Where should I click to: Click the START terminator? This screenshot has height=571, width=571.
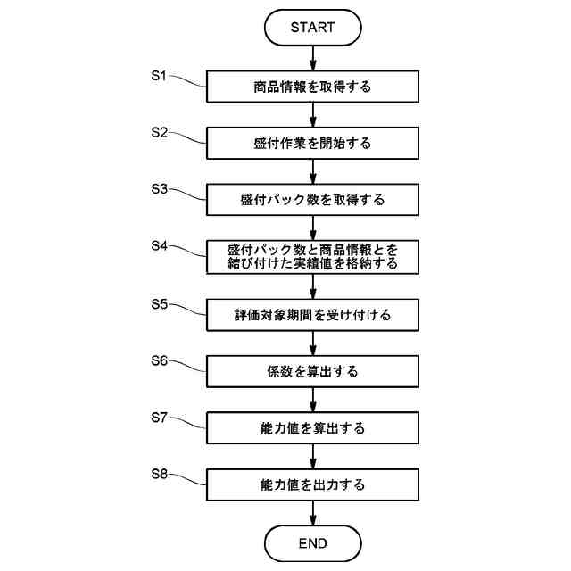coord(312,28)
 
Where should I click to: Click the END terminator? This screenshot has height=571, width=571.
coord(312,542)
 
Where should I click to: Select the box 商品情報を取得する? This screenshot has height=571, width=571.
coord(312,87)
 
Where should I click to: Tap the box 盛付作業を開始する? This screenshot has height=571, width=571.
coord(312,143)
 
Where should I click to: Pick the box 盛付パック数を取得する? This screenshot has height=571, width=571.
coord(312,200)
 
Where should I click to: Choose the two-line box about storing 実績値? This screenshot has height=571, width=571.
coord(312,257)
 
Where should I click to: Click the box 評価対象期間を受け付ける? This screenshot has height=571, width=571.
coord(312,315)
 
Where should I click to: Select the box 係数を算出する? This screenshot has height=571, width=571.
coord(312,372)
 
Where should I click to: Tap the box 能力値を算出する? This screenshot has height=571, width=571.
coord(312,428)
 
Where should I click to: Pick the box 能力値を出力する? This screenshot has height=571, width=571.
coord(312,485)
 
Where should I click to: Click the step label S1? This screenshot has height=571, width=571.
coord(159,76)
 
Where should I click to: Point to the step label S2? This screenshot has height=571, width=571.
coord(159,132)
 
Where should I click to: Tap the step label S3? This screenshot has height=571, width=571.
coord(159,189)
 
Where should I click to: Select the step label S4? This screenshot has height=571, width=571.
coord(159,245)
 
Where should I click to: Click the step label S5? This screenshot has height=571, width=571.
coord(159,303)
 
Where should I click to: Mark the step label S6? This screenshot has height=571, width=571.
coord(159,360)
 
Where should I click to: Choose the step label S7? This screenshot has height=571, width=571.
coord(159,418)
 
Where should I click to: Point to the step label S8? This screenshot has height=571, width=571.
coord(159,475)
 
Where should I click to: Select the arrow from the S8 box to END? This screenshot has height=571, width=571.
coord(312,513)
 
